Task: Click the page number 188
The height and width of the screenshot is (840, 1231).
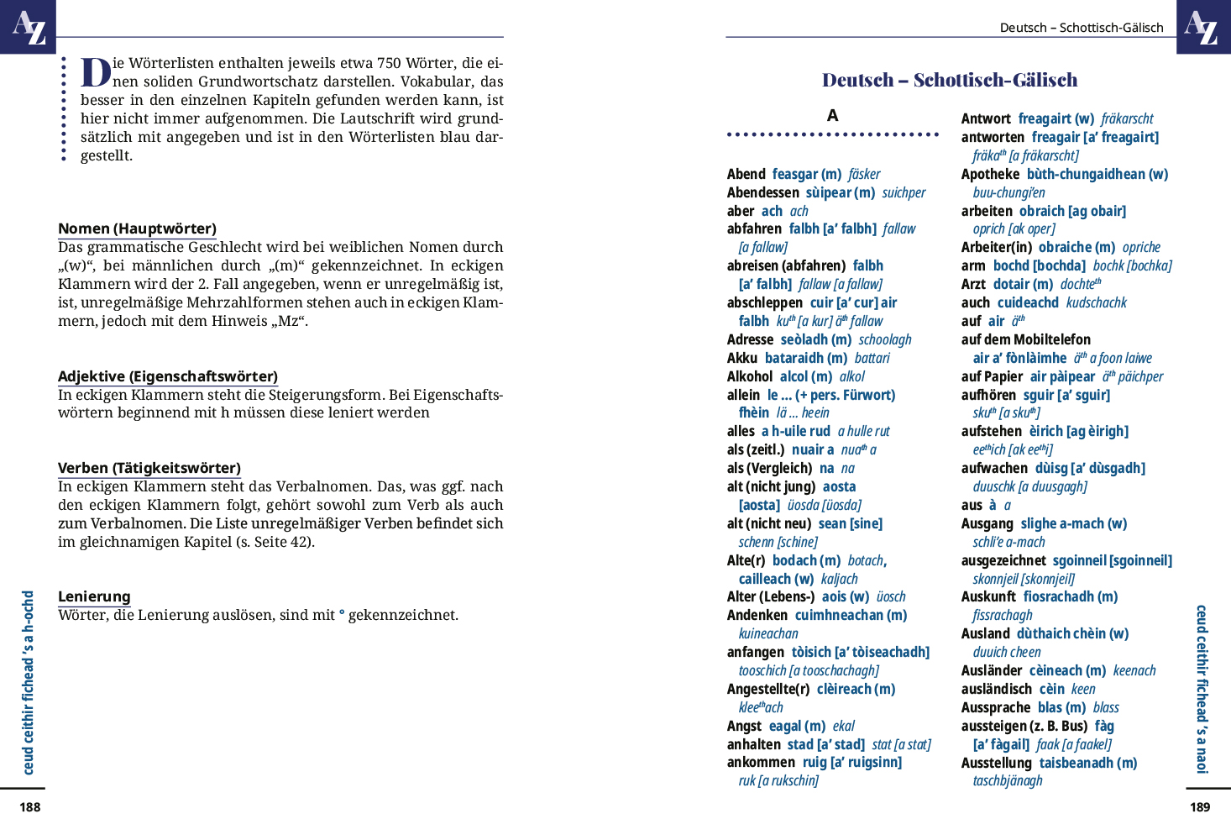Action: pyautogui.click(x=30, y=807)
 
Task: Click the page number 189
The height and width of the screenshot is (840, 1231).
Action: pyautogui.click(x=1200, y=807)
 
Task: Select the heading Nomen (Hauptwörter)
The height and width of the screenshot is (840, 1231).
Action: pyautogui.click(x=137, y=228)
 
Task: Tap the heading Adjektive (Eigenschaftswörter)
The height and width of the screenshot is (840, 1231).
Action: pyautogui.click(x=168, y=376)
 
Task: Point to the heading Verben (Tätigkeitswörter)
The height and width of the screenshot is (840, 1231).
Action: pyautogui.click(x=149, y=468)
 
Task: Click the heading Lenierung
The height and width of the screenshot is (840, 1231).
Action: pyautogui.click(x=94, y=596)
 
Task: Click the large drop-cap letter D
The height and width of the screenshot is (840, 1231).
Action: pyautogui.click(x=96, y=72)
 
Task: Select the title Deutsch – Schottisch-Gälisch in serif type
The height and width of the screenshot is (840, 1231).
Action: pyautogui.click(x=950, y=80)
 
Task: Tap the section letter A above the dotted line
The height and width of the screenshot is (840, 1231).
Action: pyautogui.click(x=832, y=116)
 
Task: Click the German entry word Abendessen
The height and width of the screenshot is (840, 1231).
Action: pyautogui.click(x=762, y=192)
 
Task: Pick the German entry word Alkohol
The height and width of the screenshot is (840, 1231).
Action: pyautogui.click(x=750, y=376)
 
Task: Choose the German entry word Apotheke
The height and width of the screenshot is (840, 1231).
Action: pyautogui.click(x=990, y=174)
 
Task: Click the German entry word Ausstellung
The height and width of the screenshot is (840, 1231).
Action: pyautogui.click(x=996, y=763)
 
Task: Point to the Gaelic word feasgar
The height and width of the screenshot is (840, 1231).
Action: pyautogui.click(x=795, y=174)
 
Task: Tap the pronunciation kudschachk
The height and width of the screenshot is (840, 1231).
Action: pyautogui.click(x=1096, y=302)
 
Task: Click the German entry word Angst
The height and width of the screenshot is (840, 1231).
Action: pyautogui.click(x=744, y=726)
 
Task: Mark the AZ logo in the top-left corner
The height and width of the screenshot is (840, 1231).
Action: pyautogui.click(x=28, y=27)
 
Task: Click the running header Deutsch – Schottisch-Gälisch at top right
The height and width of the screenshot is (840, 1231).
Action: pyautogui.click(x=1082, y=28)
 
